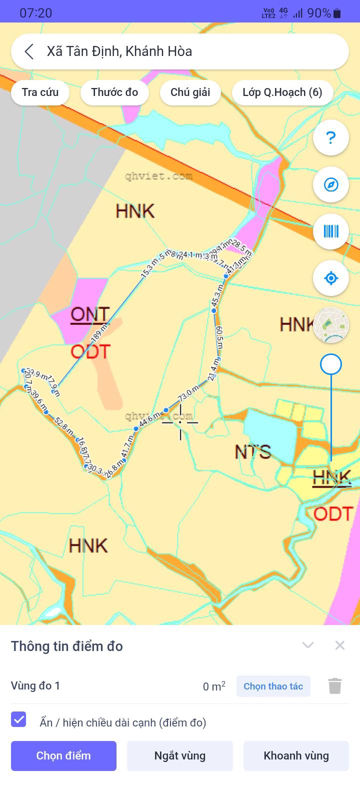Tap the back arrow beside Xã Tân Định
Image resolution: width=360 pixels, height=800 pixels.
(29, 51)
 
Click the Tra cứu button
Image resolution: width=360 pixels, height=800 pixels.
(40, 92)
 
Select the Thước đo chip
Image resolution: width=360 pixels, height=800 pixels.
(114, 92)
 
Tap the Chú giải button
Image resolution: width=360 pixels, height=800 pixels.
(190, 92)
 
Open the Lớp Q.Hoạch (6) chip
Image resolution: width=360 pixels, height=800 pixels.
(282, 92)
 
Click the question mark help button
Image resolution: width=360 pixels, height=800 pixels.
(330, 137)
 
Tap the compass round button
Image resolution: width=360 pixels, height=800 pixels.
(330, 184)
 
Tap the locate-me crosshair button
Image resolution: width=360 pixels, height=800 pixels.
(330, 278)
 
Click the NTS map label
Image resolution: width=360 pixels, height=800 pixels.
(253, 452)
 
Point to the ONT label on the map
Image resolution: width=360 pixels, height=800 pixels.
(90, 314)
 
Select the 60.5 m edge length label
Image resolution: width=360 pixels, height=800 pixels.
(219, 337)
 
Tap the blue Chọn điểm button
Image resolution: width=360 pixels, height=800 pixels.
(63, 755)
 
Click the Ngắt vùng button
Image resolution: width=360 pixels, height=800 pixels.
(180, 755)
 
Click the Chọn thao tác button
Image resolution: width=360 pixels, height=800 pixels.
(273, 686)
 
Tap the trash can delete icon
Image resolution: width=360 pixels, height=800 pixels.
(335, 686)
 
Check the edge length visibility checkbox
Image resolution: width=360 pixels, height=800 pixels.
(19, 720)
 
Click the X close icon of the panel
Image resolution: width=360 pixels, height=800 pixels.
(340, 645)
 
